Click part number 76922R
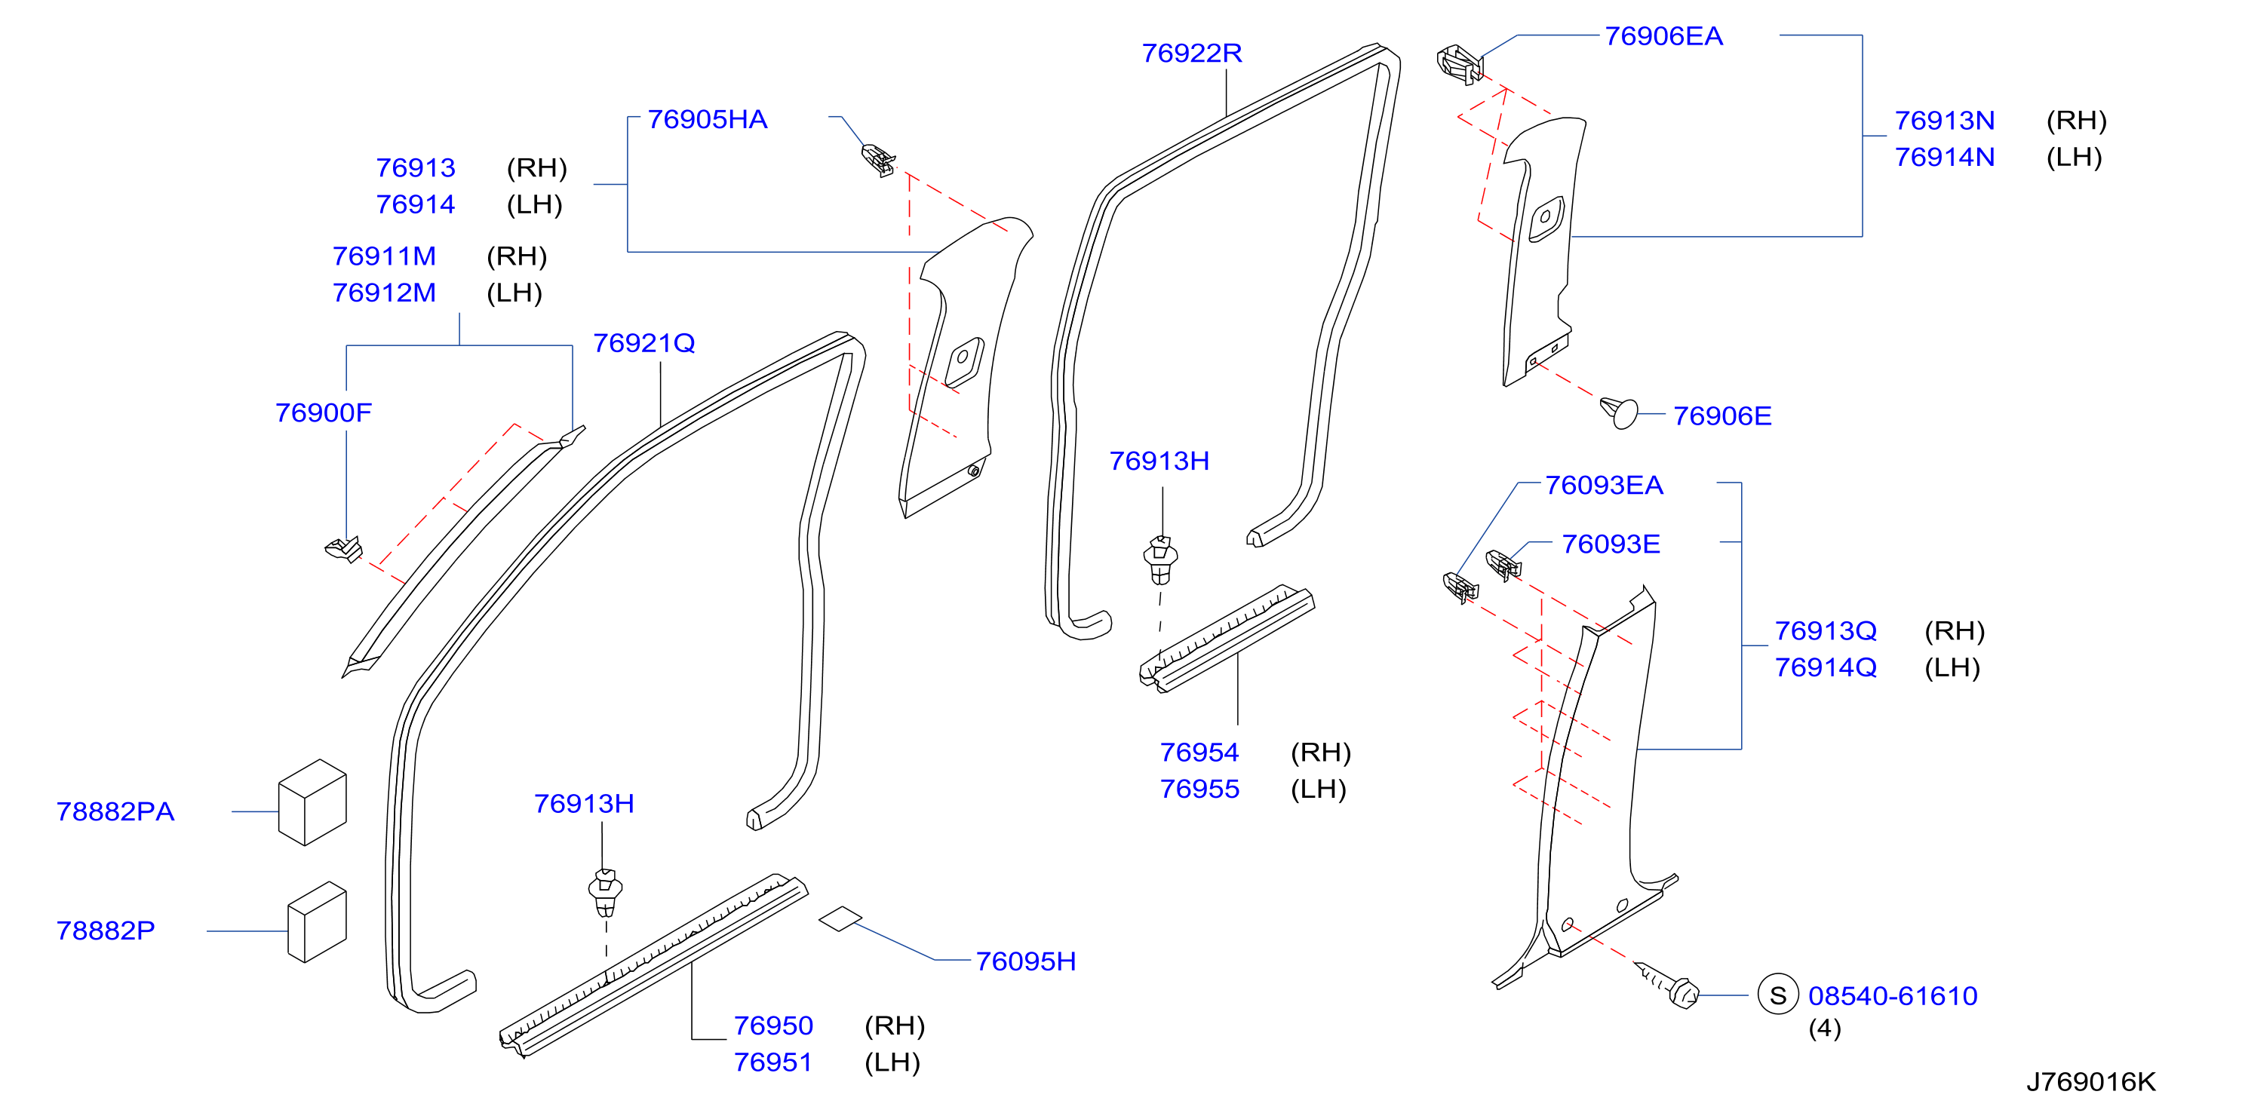pyautogui.click(x=1191, y=53)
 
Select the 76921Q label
pyautogui.click(x=644, y=344)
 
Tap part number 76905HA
pyautogui.click(x=707, y=119)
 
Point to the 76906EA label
pyautogui.click(x=1663, y=36)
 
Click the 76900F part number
pyautogui.click(x=323, y=412)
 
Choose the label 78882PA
pyautogui.click(x=115, y=812)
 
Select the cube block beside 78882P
pyautogui.click(x=317, y=921)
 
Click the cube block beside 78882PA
pyautogui.click(x=312, y=802)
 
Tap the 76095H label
pyautogui.click(x=1025, y=961)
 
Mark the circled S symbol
pyautogui.click(x=1777, y=995)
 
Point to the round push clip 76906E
pyautogui.click(x=1619, y=412)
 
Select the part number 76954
pyautogui.click(x=1199, y=753)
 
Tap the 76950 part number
pyautogui.click(x=773, y=1026)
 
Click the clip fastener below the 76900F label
pyautogui.click(x=345, y=549)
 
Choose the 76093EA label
pyautogui.click(x=1603, y=486)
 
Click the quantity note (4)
pyautogui.click(x=1824, y=1029)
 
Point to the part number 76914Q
pyautogui.click(x=1825, y=668)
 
